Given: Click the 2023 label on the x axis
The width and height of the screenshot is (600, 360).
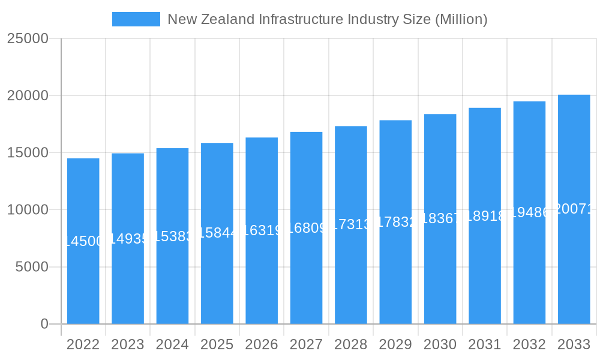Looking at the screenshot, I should [128, 344].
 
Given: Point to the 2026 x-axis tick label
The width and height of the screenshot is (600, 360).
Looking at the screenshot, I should [262, 344].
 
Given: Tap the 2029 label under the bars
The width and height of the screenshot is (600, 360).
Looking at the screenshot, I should [395, 344].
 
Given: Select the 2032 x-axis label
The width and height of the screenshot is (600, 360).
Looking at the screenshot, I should [529, 344].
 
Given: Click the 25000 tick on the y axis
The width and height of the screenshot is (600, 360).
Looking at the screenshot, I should [28, 38].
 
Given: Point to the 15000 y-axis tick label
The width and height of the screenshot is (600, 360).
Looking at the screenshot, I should [28, 152].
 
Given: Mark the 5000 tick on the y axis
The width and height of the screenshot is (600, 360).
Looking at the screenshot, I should [31, 267].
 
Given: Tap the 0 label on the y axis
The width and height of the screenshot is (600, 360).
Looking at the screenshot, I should [44, 324].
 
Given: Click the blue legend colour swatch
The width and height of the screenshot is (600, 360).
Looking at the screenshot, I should [136, 19].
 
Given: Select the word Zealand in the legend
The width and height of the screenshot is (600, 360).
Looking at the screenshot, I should [228, 19].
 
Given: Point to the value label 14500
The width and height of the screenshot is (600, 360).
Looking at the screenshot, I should [84, 241].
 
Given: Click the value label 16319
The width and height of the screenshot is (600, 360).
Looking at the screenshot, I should [262, 230].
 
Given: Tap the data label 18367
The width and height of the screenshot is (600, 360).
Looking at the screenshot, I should [440, 218].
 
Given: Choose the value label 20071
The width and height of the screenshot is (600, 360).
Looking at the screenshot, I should [574, 209].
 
